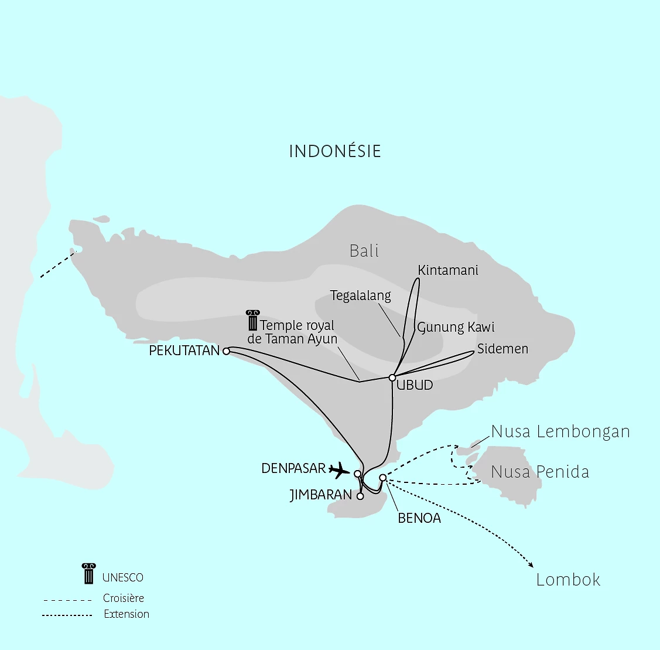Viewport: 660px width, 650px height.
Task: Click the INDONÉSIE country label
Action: (335, 151)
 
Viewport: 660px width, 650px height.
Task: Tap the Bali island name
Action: (364, 251)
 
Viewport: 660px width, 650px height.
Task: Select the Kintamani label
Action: (448, 270)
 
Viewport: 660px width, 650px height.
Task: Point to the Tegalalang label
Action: (360, 295)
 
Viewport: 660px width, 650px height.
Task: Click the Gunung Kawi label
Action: (456, 327)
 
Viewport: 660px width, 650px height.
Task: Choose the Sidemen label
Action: (502, 349)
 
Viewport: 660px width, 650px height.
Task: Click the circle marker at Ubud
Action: (392, 377)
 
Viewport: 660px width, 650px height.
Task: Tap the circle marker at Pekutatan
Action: (226, 351)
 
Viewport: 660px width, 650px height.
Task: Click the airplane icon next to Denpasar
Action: (339, 469)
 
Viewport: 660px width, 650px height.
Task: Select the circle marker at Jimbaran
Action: (360, 496)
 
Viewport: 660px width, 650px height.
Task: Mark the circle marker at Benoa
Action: (382, 478)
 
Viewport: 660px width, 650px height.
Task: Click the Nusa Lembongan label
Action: (560, 432)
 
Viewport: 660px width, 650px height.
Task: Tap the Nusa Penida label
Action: (540, 472)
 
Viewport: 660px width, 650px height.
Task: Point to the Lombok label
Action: (568, 580)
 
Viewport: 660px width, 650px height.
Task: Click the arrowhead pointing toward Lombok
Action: (531, 564)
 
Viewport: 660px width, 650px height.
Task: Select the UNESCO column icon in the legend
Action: (88, 574)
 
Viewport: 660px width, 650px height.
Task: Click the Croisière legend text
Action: (124, 598)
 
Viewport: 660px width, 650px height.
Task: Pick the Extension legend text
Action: (126, 614)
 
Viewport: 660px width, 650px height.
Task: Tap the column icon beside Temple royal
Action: (252, 321)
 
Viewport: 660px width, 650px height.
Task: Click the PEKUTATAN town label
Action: (184, 350)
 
